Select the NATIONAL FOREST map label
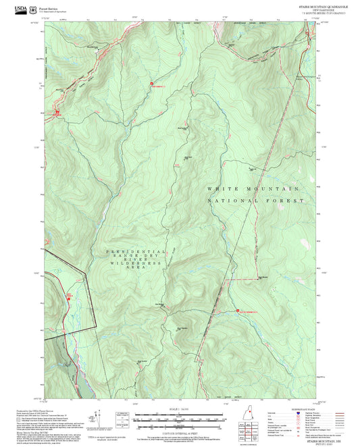click(x=253, y=201)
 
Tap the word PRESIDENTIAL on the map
click(x=135, y=251)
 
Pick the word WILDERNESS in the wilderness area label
click(x=136, y=261)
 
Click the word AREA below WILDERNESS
click(x=136, y=267)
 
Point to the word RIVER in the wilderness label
click(x=136, y=256)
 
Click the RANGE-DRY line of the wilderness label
click(x=136, y=256)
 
